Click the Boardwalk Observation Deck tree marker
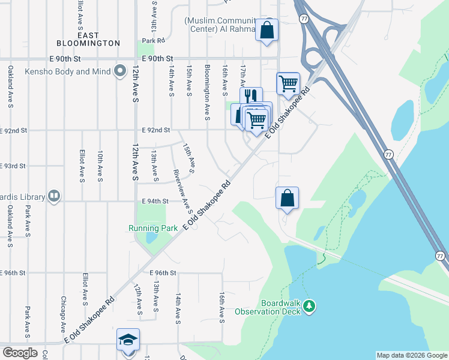coord(310,307)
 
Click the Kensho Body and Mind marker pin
coord(119,71)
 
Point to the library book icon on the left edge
coord(54,196)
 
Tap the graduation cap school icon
coord(128,340)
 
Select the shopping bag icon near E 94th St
coord(287,197)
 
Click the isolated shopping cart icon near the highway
coord(288,83)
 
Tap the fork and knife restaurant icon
coord(251,97)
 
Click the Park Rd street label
coord(154,40)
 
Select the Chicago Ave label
coord(62,313)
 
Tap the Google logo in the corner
coord(20,353)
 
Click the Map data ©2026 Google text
coord(412,355)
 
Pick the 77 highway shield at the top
coord(304,19)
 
